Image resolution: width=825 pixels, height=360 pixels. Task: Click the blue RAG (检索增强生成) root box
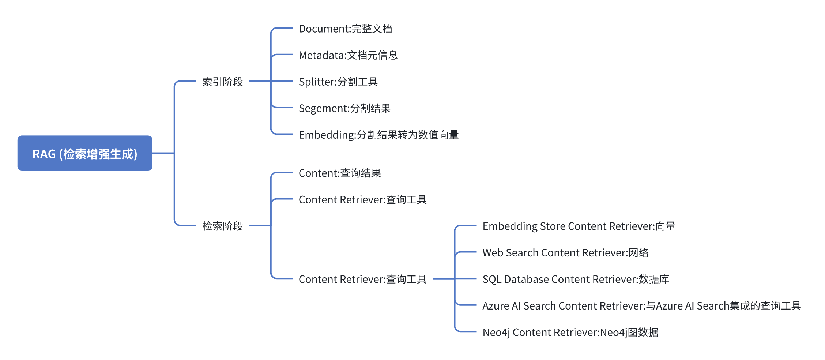(85, 153)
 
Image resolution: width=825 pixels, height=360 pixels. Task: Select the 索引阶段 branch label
(222, 82)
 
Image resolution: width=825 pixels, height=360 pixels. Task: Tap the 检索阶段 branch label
(222, 226)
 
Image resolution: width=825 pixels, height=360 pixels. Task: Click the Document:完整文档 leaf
(345, 29)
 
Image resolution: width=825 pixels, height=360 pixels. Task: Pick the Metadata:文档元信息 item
(348, 55)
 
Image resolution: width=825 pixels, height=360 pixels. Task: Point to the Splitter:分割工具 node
(338, 82)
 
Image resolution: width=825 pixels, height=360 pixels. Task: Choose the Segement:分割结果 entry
(344, 108)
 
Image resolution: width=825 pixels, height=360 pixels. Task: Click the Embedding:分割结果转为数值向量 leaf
(378, 135)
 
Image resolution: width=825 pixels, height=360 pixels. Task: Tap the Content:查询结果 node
(340, 173)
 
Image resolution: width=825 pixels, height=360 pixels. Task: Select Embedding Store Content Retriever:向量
(579, 226)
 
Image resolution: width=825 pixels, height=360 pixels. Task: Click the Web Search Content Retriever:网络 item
(565, 253)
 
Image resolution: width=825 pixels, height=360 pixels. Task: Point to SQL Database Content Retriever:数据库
(576, 279)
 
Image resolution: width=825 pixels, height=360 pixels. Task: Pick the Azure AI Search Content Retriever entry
(641, 306)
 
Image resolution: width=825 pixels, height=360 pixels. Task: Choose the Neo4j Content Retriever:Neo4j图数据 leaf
(570, 332)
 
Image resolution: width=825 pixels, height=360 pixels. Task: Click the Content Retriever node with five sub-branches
(362, 279)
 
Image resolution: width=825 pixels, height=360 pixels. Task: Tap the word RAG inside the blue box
(44, 154)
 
